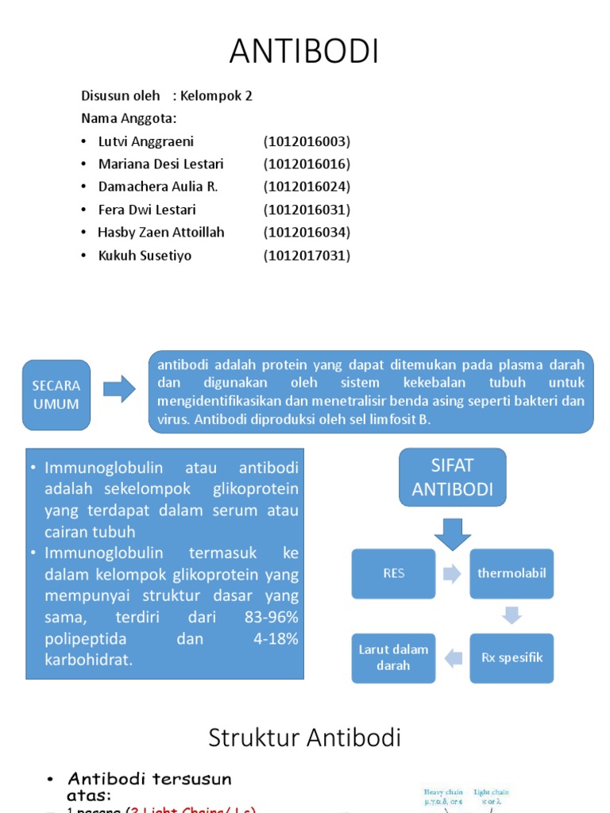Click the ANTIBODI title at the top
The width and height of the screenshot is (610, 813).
(304, 52)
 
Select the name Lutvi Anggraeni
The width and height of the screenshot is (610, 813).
(146, 142)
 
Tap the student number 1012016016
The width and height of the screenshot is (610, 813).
(307, 164)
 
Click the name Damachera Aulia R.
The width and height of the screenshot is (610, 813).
(157, 187)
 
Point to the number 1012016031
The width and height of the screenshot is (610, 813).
(307, 210)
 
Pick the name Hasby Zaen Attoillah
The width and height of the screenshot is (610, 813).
(161, 233)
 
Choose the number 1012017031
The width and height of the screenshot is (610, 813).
(307, 256)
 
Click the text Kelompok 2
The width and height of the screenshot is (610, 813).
(216, 96)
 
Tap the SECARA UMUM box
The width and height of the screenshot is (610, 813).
(56, 395)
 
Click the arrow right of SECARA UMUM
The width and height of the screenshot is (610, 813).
(119, 389)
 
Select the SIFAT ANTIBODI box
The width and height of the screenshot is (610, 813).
(452, 476)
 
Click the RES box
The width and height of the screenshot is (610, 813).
(394, 573)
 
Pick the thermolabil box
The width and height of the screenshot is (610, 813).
(512, 573)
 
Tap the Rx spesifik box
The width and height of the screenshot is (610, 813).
(512, 657)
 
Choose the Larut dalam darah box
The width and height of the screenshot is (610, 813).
(394, 657)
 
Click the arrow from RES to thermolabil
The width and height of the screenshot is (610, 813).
(452, 574)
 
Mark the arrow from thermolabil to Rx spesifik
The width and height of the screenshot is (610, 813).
(512, 615)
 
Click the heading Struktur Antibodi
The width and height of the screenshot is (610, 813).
(304, 738)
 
